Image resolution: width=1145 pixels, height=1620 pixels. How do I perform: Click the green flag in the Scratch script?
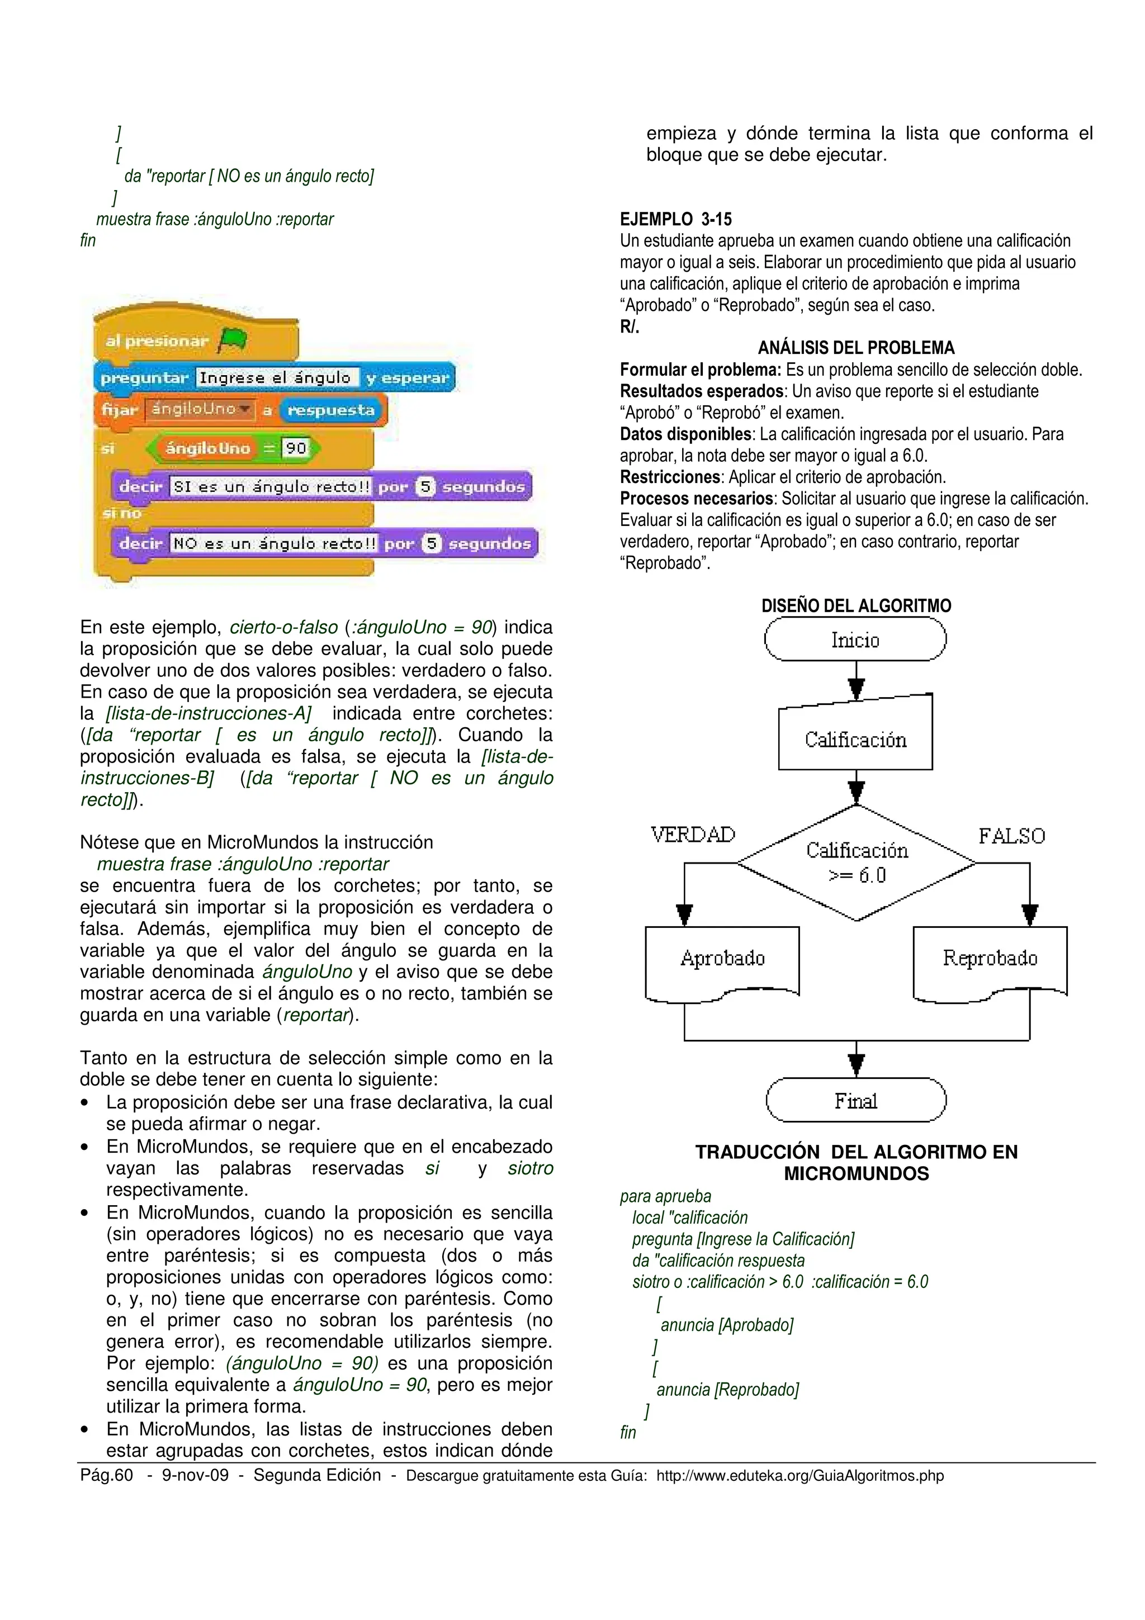point(232,341)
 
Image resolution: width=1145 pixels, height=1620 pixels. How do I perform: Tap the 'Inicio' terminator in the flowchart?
point(855,640)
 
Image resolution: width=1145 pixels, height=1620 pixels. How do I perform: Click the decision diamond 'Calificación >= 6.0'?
point(857,862)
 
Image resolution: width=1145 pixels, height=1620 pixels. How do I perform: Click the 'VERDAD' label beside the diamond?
point(693,835)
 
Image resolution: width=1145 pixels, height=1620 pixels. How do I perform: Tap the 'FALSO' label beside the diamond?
point(1011,836)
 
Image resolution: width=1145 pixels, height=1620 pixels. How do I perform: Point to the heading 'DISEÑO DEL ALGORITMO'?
point(856,605)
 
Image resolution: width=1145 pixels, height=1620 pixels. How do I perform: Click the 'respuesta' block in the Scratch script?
point(331,410)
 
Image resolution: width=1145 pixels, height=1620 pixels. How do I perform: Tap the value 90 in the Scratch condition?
point(296,448)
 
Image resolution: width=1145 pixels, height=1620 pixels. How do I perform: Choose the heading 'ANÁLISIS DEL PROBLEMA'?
point(856,347)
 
